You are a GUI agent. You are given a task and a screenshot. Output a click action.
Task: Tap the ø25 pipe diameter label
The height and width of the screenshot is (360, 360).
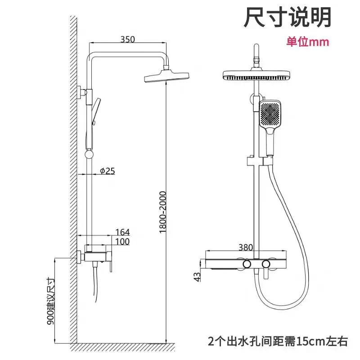pyautogui.click(x=108, y=171)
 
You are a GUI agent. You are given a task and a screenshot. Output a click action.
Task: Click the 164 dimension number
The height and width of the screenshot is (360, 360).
pyautogui.click(x=122, y=232)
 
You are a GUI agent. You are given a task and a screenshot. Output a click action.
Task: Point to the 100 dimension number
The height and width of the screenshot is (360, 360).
pyautogui.click(x=122, y=242)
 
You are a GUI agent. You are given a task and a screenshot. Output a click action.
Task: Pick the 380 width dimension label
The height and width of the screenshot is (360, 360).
pyautogui.click(x=246, y=246)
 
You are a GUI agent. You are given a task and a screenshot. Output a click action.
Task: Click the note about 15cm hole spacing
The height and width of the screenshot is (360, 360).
pyautogui.click(x=278, y=341)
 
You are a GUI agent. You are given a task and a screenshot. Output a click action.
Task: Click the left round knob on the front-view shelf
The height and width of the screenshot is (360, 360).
pyautogui.click(x=246, y=263)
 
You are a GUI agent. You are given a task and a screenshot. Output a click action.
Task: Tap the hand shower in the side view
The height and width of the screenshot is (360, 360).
pyautogui.click(x=95, y=110)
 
